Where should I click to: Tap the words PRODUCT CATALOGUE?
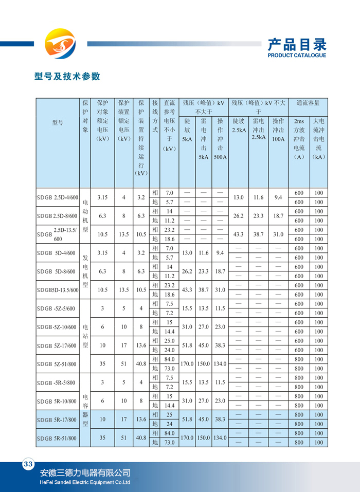(297, 56)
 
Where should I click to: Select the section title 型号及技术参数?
(67, 77)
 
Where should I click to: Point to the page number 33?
(27, 465)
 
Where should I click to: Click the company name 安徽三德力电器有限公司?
(85, 473)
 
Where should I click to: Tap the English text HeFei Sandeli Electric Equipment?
(85, 483)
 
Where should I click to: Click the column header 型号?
(58, 122)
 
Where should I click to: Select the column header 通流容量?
(308, 103)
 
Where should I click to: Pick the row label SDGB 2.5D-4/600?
(58, 197)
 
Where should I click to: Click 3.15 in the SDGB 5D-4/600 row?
(103, 253)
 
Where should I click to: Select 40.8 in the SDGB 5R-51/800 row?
(140, 438)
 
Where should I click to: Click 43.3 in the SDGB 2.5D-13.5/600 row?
(239, 234)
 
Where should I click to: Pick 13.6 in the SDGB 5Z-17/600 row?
(140, 345)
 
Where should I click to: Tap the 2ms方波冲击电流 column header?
(299, 139)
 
